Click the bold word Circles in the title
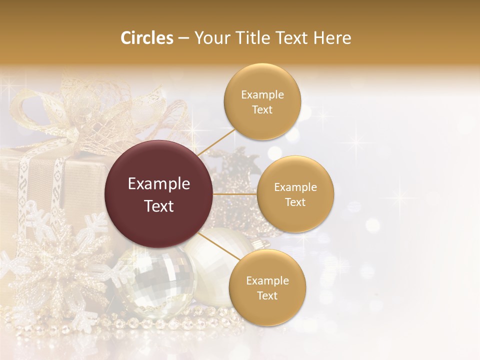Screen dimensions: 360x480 (x=147, y=38)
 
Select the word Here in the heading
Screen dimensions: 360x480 (x=332, y=38)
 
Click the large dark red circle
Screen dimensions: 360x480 (x=159, y=194)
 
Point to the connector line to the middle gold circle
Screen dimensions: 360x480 (x=235, y=194)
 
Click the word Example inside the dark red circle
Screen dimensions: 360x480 (x=159, y=184)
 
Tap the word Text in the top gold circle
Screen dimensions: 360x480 (x=262, y=110)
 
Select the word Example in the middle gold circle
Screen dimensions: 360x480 (x=295, y=187)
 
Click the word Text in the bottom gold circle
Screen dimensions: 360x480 (x=267, y=296)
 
